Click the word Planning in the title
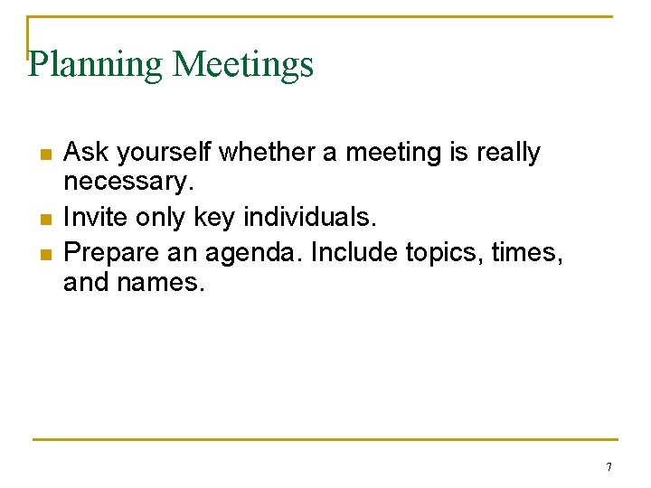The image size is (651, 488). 96,65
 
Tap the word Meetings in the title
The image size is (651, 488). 243,65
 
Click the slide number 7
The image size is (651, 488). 609,467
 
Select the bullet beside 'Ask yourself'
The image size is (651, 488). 44,154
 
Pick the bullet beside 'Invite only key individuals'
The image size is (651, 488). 44,220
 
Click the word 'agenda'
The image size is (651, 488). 259,252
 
